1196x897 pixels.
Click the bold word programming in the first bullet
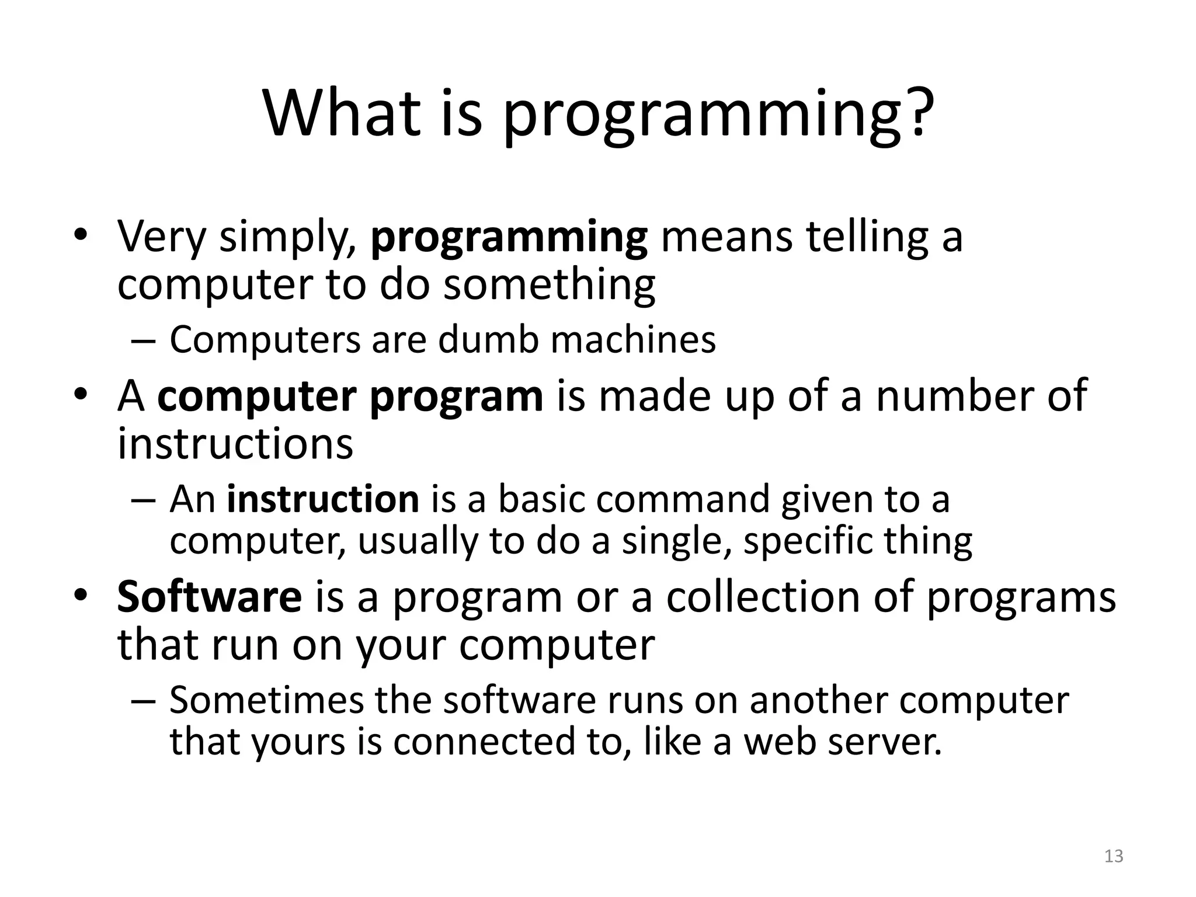click(x=509, y=238)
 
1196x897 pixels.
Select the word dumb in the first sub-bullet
click(x=488, y=339)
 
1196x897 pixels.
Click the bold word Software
click(x=209, y=597)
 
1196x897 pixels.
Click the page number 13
click(x=1114, y=856)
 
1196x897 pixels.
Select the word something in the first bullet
click(x=549, y=285)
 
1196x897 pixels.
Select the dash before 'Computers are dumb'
click(x=144, y=340)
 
